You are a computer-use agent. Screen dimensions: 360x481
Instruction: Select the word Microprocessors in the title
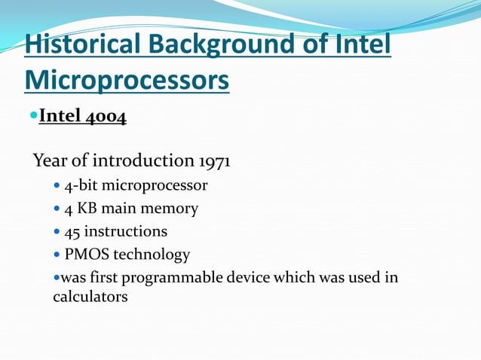pos(127,80)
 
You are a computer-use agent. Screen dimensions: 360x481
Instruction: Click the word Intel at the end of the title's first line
pos(361,45)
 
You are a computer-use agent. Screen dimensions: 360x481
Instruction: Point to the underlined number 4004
pos(104,117)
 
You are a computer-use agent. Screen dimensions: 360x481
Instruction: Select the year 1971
pos(215,161)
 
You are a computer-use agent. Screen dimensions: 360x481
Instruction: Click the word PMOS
pos(87,255)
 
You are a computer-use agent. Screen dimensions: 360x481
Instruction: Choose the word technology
pos(152,255)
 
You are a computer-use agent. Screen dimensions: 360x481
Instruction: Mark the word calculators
pos(90,297)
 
